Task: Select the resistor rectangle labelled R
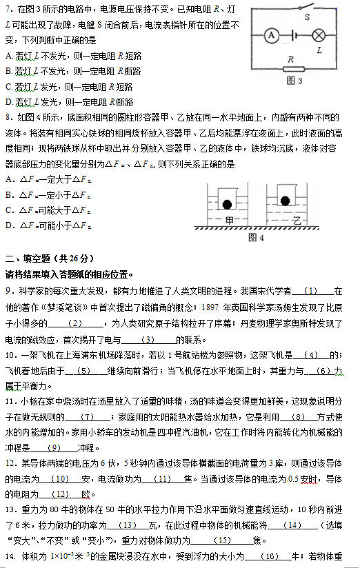coord(292,70)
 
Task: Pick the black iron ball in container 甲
coord(227,203)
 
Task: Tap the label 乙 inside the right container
coord(297,221)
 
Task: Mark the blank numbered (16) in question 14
coord(270,556)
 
